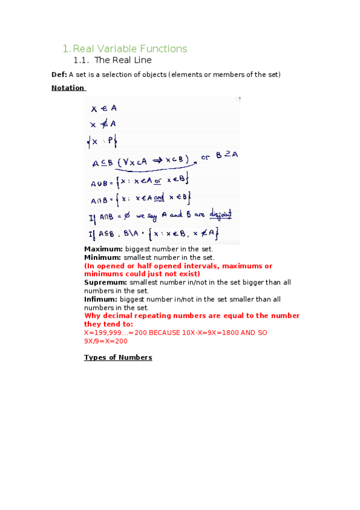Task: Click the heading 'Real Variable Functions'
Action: point(130,49)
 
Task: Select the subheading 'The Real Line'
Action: point(123,61)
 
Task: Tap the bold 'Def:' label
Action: point(59,75)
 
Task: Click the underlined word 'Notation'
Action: point(68,88)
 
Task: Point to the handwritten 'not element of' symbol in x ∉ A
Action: point(103,124)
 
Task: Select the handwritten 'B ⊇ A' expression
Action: point(227,155)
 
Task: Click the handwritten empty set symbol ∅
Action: point(128,215)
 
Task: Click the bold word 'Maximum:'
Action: point(103,249)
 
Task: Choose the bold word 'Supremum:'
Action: point(106,282)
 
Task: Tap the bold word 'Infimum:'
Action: point(101,299)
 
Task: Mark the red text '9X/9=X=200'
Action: point(106,341)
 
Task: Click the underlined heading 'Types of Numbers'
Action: point(118,357)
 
